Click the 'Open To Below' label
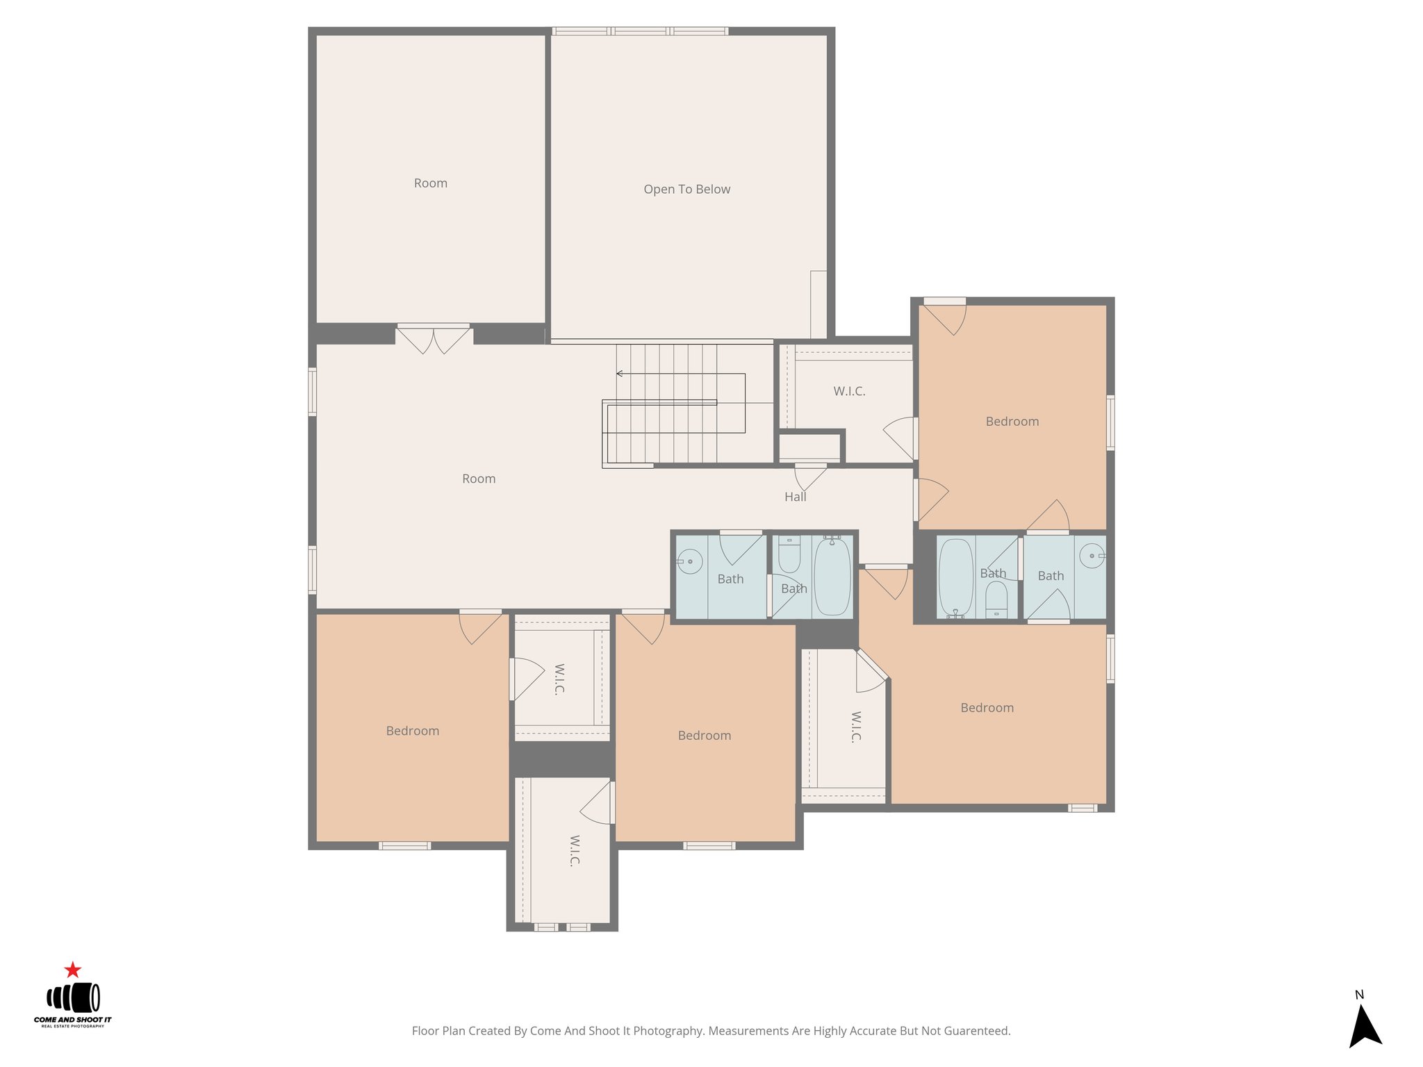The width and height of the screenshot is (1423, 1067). click(x=686, y=189)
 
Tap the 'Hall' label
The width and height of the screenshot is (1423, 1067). click(x=795, y=497)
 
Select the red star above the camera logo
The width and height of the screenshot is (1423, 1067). click(x=73, y=970)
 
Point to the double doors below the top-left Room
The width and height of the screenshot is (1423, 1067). click(x=434, y=338)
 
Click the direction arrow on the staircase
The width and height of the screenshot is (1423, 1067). click(x=620, y=374)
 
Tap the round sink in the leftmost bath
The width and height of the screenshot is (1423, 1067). click(x=690, y=561)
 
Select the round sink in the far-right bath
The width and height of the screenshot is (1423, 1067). click(x=1092, y=556)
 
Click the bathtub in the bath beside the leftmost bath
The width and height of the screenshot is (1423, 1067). click(x=832, y=576)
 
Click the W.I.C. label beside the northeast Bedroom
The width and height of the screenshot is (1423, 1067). click(x=849, y=391)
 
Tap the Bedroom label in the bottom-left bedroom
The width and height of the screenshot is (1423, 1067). click(x=412, y=731)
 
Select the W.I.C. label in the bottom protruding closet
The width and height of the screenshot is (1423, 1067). click(x=574, y=850)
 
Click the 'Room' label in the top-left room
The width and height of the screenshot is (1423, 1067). click(x=430, y=183)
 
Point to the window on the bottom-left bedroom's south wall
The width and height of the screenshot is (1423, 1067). click(x=404, y=845)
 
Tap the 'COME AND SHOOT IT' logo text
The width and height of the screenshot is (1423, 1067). click(x=72, y=1020)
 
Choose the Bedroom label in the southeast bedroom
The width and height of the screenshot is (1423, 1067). click(x=987, y=708)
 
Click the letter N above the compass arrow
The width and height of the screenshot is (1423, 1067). click(x=1359, y=995)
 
